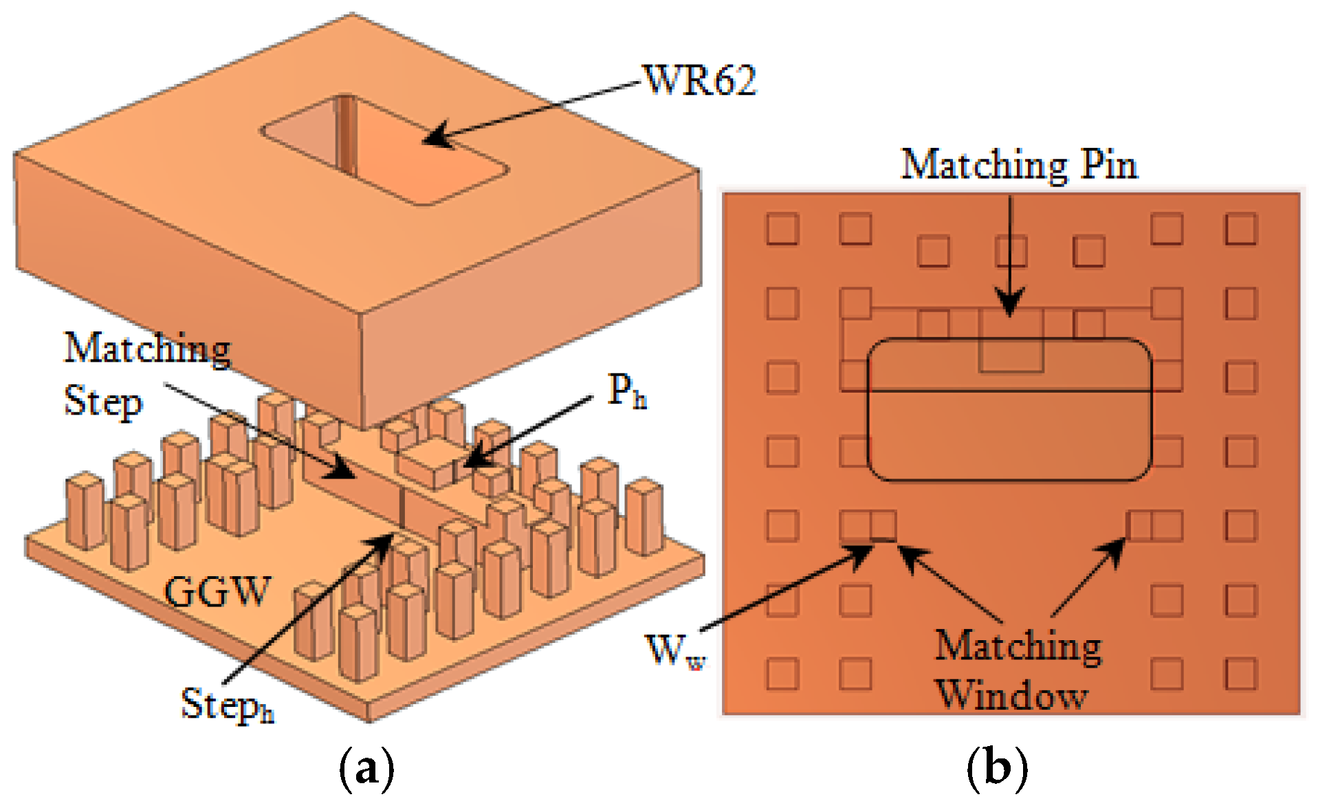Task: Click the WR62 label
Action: click(700, 80)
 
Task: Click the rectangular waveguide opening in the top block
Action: click(385, 150)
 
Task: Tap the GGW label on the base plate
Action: click(217, 591)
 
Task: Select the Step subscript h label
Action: click(227, 705)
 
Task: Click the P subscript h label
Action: click(626, 393)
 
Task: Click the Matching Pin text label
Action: click(1019, 166)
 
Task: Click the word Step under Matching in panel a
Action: click(103, 402)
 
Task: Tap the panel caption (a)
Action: click(366, 769)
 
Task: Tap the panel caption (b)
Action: click(996, 769)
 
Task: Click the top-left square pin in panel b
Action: click(782, 229)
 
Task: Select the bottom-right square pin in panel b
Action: click(1240, 673)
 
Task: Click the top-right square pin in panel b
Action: click(1240, 229)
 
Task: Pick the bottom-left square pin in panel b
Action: click(782, 673)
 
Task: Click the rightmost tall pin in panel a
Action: click(644, 517)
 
